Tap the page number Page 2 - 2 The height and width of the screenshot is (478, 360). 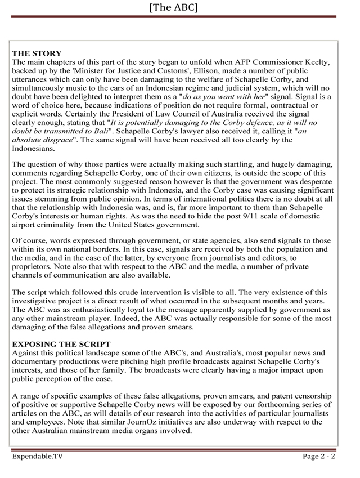319,457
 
